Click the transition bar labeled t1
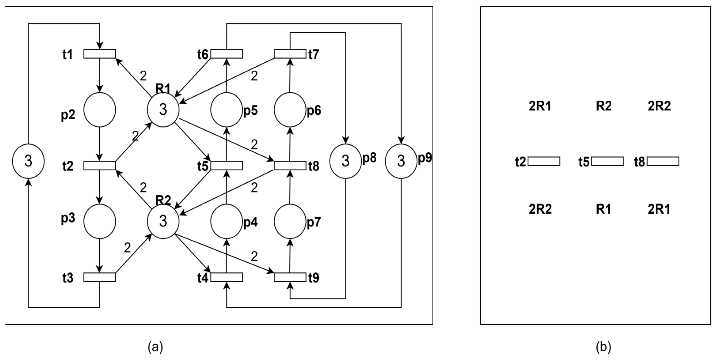click(x=100, y=54)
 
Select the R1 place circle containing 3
click(x=163, y=110)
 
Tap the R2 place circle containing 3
click(x=163, y=221)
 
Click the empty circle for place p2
click(x=100, y=110)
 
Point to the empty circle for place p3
click(x=100, y=221)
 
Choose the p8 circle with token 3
click(x=345, y=161)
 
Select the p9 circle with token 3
click(x=401, y=161)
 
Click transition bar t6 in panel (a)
click(x=227, y=54)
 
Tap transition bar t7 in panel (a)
click(x=290, y=54)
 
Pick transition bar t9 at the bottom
click(x=290, y=277)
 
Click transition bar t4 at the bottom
click(x=227, y=277)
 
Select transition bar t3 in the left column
click(x=100, y=277)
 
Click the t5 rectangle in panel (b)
click(x=607, y=161)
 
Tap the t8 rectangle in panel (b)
click(x=663, y=161)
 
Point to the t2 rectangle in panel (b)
click(x=544, y=161)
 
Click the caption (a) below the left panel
click(x=155, y=347)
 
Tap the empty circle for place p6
click(x=290, y=110)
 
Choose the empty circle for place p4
click(x=227, y=221)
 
